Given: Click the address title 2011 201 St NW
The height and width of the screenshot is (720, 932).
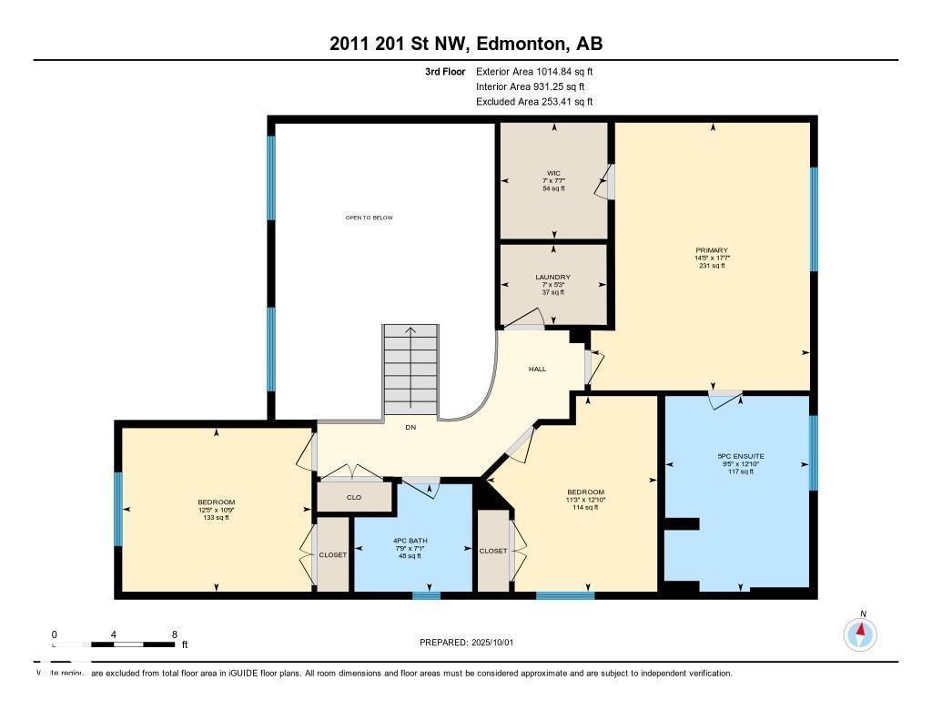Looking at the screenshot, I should point(465,44).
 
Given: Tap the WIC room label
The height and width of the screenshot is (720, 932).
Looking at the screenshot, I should point(553,173).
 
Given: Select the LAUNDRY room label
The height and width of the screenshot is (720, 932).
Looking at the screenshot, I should point(553,277).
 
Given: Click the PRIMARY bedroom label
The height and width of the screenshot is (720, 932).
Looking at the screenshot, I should point(711,250).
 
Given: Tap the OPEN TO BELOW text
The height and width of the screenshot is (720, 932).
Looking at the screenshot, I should point(369,218).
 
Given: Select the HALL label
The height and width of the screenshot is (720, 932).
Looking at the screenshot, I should point(538,369).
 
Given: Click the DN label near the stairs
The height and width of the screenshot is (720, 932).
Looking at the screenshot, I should point(410,427).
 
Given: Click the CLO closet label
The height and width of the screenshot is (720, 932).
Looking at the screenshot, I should point(354,498).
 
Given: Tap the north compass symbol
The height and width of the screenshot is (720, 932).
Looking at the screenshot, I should point(860,633).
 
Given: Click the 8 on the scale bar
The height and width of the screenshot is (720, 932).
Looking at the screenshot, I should point(174,634).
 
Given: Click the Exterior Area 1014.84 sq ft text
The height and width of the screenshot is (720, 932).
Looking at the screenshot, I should point(534,71).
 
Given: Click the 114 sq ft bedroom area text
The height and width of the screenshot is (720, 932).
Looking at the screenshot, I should point(584,508).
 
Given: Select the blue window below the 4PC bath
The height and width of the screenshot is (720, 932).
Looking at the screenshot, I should point(426,595).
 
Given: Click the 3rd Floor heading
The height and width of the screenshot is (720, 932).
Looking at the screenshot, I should point(445,71).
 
